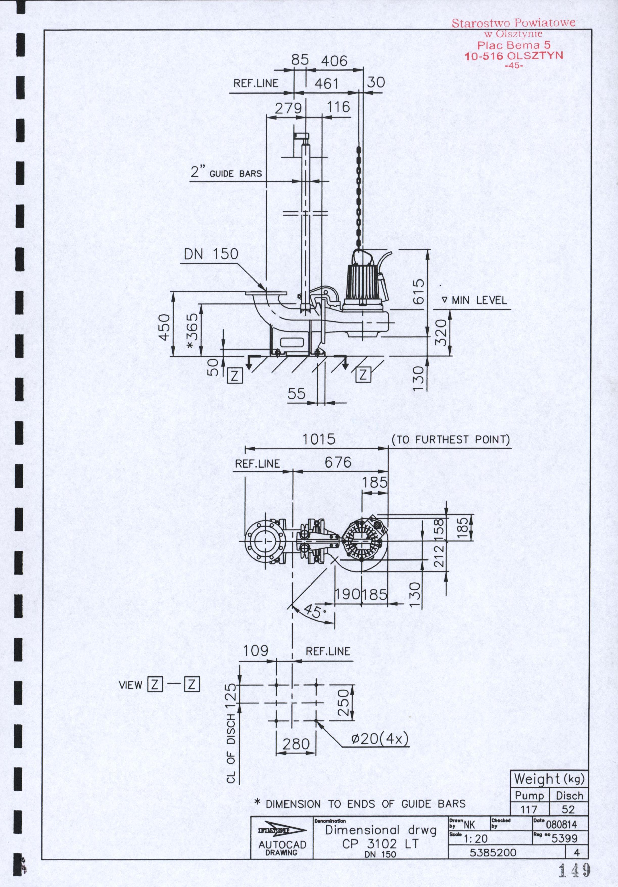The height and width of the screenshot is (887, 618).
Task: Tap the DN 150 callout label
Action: click(x=211, y=254)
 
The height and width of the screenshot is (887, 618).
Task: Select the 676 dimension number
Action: click(x=338, y=462)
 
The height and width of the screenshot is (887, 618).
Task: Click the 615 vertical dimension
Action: click(x=419, y=292)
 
